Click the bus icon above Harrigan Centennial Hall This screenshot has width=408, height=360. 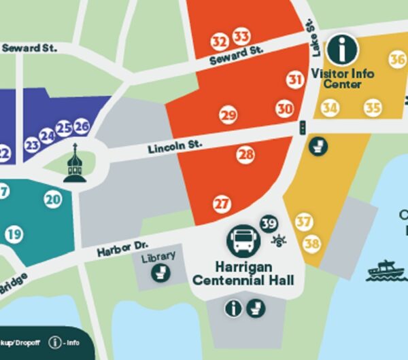pos(243,240)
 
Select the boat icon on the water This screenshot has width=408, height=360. pos(384,270)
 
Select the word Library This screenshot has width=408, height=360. pos(158,256)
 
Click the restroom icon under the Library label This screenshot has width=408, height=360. pos(160,272)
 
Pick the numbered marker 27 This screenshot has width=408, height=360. pos(222,203)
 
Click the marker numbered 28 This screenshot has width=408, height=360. pos(245,155)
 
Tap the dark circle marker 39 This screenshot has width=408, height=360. pos(269,223)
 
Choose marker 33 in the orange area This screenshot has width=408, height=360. pos(241,36)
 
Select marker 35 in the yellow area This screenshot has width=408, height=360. pos(372,107)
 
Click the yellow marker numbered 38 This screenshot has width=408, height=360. pos(311,243)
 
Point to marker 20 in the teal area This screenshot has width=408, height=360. pos(53,199)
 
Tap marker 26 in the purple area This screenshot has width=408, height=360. pos(82,126)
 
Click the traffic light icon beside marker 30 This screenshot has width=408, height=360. pos(302,127)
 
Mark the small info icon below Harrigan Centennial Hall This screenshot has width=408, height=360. pos(233,308)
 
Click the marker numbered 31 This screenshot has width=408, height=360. pos(294,79)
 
